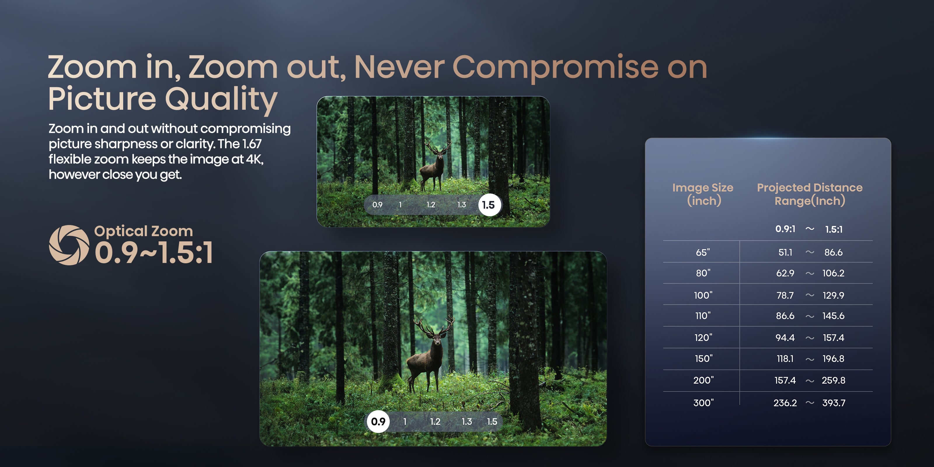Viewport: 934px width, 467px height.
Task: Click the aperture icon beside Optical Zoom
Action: (x=69, y=245)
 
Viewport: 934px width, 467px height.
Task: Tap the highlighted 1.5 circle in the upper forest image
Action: (x=489, y=205)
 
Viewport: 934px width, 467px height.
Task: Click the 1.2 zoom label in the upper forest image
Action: (x=431, y=205)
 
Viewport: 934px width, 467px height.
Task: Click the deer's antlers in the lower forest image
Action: (x=434, y=325)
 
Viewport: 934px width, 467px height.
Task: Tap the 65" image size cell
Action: (x=703, y=252)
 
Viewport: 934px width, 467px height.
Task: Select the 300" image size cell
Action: (x=703, y=403)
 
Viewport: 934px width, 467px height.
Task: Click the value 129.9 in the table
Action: (x=834, y=295)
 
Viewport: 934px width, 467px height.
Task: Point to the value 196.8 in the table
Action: (x=834, y=359)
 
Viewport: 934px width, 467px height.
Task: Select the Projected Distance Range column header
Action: (x=810, y=194)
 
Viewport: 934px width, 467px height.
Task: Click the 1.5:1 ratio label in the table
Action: (x=834, y=229)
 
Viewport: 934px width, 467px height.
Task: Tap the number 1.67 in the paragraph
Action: (x=252, y=144)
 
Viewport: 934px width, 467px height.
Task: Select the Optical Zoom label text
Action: (x=144, y=231)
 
